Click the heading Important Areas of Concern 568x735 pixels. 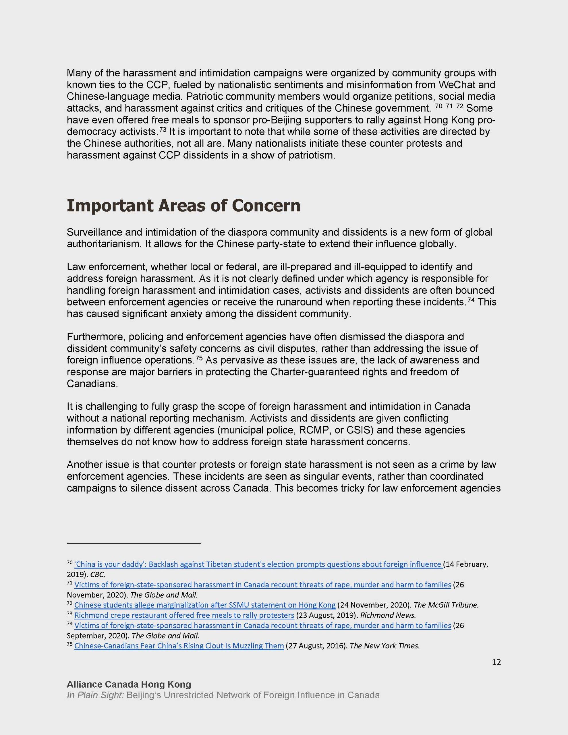pos(183,206)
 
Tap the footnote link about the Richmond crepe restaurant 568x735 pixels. pos(184,615)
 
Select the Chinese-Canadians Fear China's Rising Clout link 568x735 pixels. pos(179,646)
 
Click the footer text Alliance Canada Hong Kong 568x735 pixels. pos(129,684)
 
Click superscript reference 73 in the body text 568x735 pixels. pos(163,129)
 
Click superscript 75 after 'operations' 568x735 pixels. pos(199,358)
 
